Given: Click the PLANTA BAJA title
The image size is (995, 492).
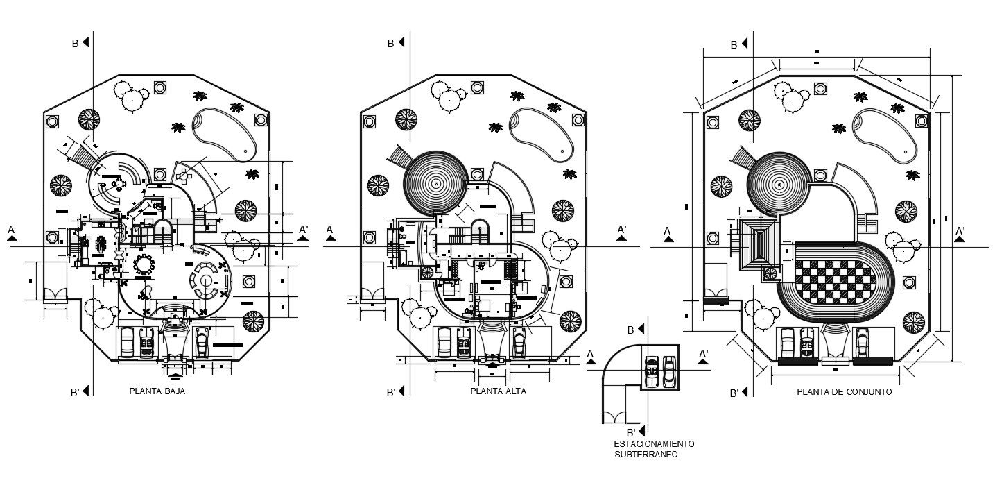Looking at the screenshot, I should point(157,391).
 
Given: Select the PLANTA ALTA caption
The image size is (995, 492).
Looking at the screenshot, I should point(498,391).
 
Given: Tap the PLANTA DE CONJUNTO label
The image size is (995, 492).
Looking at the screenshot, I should point(844,392).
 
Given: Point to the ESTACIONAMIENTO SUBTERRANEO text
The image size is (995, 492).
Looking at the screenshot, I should point(653,449).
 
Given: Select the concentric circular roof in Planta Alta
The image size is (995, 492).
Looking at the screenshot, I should point(435,184).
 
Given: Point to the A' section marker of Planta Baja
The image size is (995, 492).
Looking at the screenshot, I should point(304,230).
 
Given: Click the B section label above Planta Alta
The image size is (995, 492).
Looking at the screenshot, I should point(390,43).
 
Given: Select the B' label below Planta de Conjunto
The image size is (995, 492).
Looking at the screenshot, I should point(734,393).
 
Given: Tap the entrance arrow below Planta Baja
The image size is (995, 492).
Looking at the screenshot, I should point(176,375).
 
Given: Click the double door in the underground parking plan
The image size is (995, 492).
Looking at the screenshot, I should point(613,416).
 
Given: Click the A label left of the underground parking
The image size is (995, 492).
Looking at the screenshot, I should point(590,354).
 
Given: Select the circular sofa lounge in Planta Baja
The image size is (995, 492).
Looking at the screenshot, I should point(206,280).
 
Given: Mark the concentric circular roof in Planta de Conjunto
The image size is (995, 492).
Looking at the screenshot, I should point(779,184).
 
